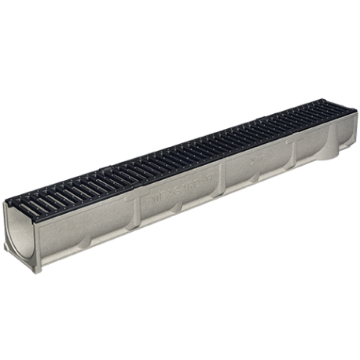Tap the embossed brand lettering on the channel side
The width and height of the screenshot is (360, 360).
click(x=180, y=192)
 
